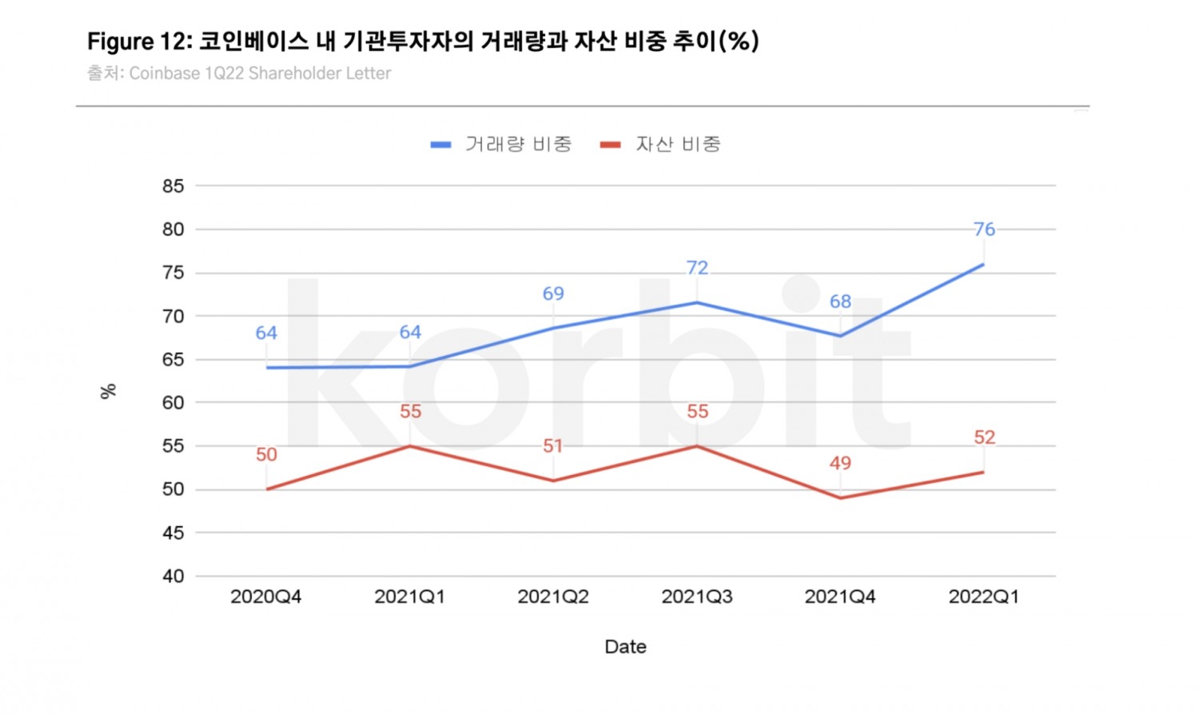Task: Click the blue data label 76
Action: click(x=984, y=229)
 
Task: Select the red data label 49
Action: click(x=840, y=463)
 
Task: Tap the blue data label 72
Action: click(x=697, y=268)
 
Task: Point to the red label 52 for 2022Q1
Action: click(x=984, y=437)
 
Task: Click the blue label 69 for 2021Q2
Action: click(x=553, y=293)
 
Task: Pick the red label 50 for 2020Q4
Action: click(x=266, y=455)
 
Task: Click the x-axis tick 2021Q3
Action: click(x=696, y=596)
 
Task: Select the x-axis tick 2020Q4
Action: click(x=266, y=596)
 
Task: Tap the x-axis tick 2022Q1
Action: click(x=983, y=596)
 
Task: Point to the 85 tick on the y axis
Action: click(x=173, y=186)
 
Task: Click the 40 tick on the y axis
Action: click(x=173, y=576)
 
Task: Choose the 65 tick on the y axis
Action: click(x=173, y=360)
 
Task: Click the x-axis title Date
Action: click(x=625, y=647)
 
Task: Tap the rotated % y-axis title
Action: click(x=108, y=391)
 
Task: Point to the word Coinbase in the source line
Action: click(x=165, y=74)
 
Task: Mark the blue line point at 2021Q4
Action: click(x=840, y=336)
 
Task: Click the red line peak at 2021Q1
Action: click(x=410, y=446)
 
